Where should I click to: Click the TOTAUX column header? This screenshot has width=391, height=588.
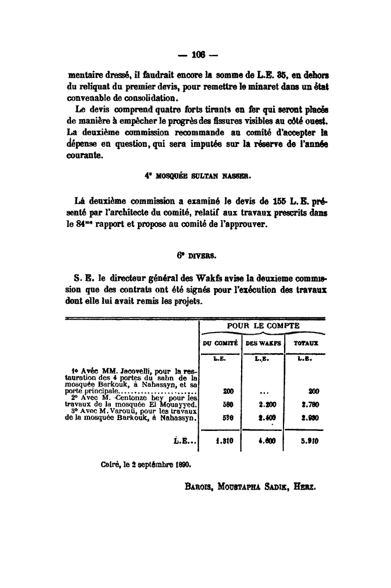pos(306,343)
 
